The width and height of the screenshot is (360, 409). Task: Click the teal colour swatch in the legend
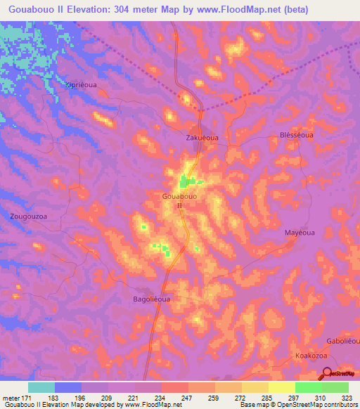[41, 387]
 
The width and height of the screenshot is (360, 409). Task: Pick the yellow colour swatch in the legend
[282, 387]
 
